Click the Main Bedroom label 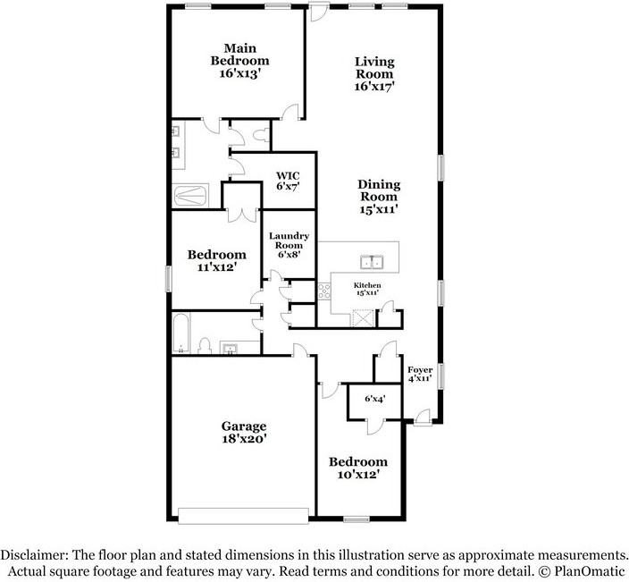tap(239, 61)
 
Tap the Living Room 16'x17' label tap(374, 74)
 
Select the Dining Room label tap(379, 197)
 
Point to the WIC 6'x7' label tap(288, 181)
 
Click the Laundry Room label tap(289, 245)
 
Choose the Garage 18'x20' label tap(244, 433)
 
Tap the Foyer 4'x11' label tap(420, 374)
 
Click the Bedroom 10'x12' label tap(358, 468)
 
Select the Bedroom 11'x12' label tap(216, 260)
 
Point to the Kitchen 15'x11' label tap(367, 289)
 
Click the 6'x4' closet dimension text tap(375, 399)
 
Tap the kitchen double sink tap(372, 263)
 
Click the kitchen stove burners tap(324, 291)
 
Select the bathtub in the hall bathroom tap(180, 333)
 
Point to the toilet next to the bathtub tap(205, 346)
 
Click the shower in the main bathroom tap(190, 196)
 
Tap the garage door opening tap(244, 516)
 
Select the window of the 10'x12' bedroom tap(356, 519)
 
